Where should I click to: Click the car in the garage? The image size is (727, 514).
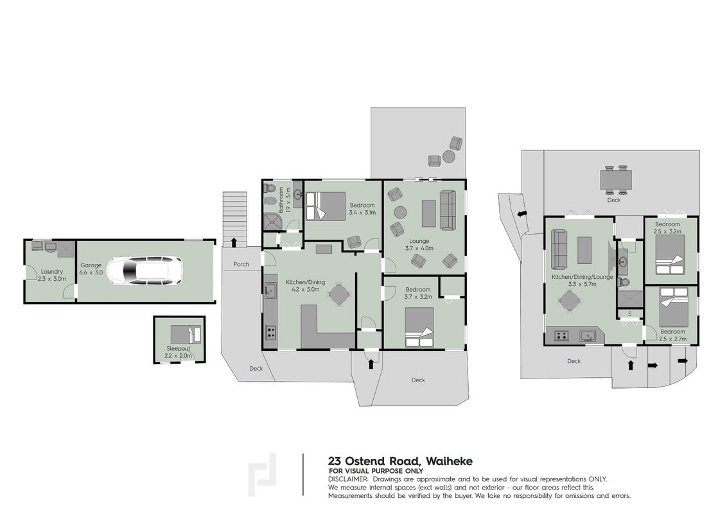(145, 271)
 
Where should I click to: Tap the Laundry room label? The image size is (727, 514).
(52, 272)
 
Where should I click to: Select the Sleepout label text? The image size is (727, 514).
(179, 349)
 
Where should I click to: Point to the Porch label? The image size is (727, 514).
(241, 265)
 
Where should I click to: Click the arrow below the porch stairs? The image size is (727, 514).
(233, 242)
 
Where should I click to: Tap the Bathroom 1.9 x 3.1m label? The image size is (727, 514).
(285, 200)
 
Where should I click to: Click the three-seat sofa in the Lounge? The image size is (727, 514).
(448, 210)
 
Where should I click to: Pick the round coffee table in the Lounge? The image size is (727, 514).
(401, 213)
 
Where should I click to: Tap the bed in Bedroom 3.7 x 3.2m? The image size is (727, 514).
(419, 327)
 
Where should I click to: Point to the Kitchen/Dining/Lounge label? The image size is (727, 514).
(582, 277)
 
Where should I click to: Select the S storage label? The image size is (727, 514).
(629, 314)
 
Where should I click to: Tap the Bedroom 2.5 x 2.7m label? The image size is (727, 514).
(673, 335)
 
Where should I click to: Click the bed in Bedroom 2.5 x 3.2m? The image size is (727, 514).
(670, 256)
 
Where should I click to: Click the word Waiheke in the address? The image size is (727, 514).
(450, 461)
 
